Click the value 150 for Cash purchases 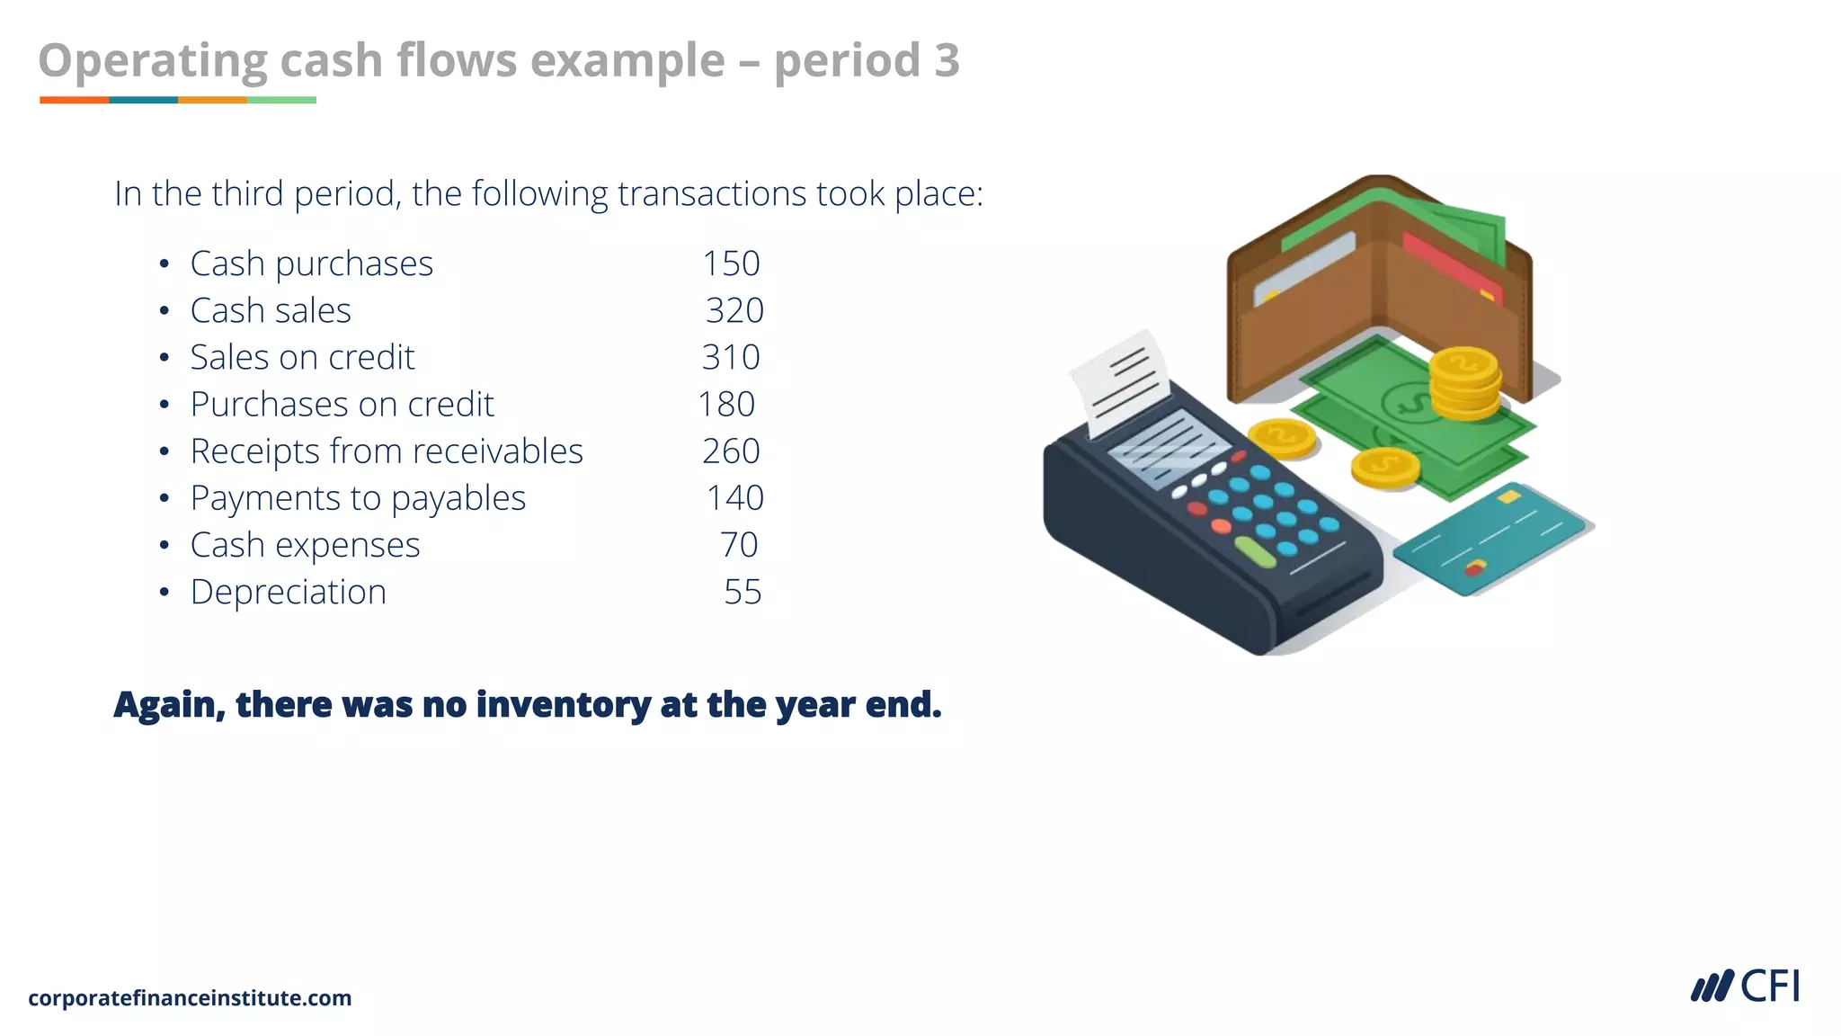(731, 263)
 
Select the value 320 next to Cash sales (734, 310)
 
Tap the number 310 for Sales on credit (731, 357)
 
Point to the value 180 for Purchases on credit (726, 404)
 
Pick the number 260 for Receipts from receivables (731, 451)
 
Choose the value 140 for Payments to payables (734, 497)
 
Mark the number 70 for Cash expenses (739, 545)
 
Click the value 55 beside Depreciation (743, 592)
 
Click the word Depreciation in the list (289, 592)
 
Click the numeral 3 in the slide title (947, 60)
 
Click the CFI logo (1745, 987)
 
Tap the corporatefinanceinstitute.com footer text (190, 998)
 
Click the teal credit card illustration (1492, 540)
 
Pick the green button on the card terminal (1255, 552)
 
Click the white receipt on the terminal (1122, 382)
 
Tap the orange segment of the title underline (74, 100)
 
